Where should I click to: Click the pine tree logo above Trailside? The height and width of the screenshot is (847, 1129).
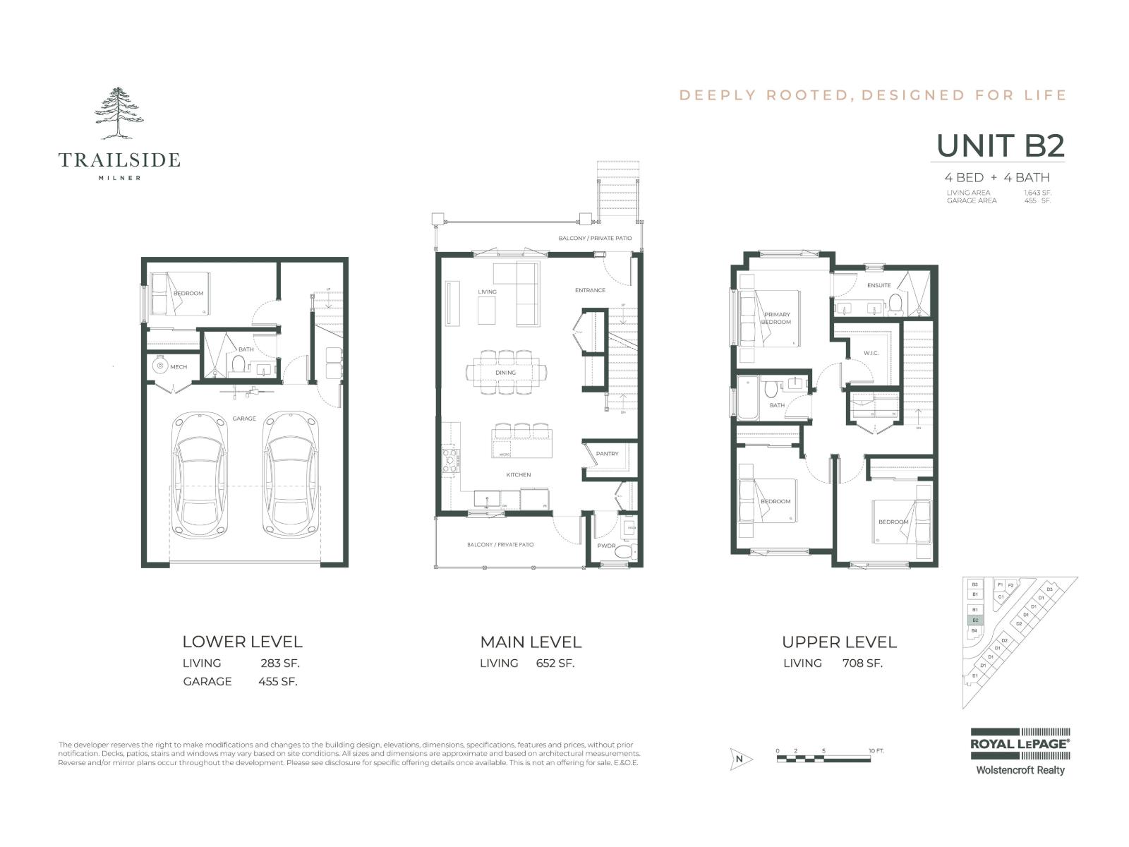click(x=119, y=113)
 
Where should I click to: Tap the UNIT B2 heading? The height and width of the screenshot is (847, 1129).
click(x=1000, y=146)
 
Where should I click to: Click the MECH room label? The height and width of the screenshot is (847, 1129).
click(x=178, y=367)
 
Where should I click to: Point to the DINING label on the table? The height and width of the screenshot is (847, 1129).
click(x=505, y=372)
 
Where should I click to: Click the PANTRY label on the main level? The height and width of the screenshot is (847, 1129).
click(x=607, y=454)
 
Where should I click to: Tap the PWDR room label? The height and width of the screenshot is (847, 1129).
click(x=606, y=546)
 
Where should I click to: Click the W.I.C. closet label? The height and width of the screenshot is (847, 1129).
click(x=871, y=353)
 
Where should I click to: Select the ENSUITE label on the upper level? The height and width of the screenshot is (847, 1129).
click(x=879, y=285)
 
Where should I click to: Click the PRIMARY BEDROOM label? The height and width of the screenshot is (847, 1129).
click(x=776, y=318)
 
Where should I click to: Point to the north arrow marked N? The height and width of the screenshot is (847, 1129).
click(x=740, y=759)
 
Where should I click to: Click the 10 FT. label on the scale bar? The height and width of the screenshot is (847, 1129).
click(x=876, y=751)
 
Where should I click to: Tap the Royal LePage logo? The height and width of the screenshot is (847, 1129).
click(x=1020, y=744)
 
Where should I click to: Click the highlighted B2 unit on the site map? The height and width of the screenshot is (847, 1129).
click(x=974, y=620)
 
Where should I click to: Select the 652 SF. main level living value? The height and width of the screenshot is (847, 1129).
click(x=555, y=663)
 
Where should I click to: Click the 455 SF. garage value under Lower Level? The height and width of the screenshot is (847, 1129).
click(x=277, y=682)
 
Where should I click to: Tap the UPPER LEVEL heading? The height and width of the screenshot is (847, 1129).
click(x=839, y=642)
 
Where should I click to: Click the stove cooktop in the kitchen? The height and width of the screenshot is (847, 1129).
click(x=449, y=460)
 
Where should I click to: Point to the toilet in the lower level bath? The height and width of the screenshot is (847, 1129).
click(x=238, y=365)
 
